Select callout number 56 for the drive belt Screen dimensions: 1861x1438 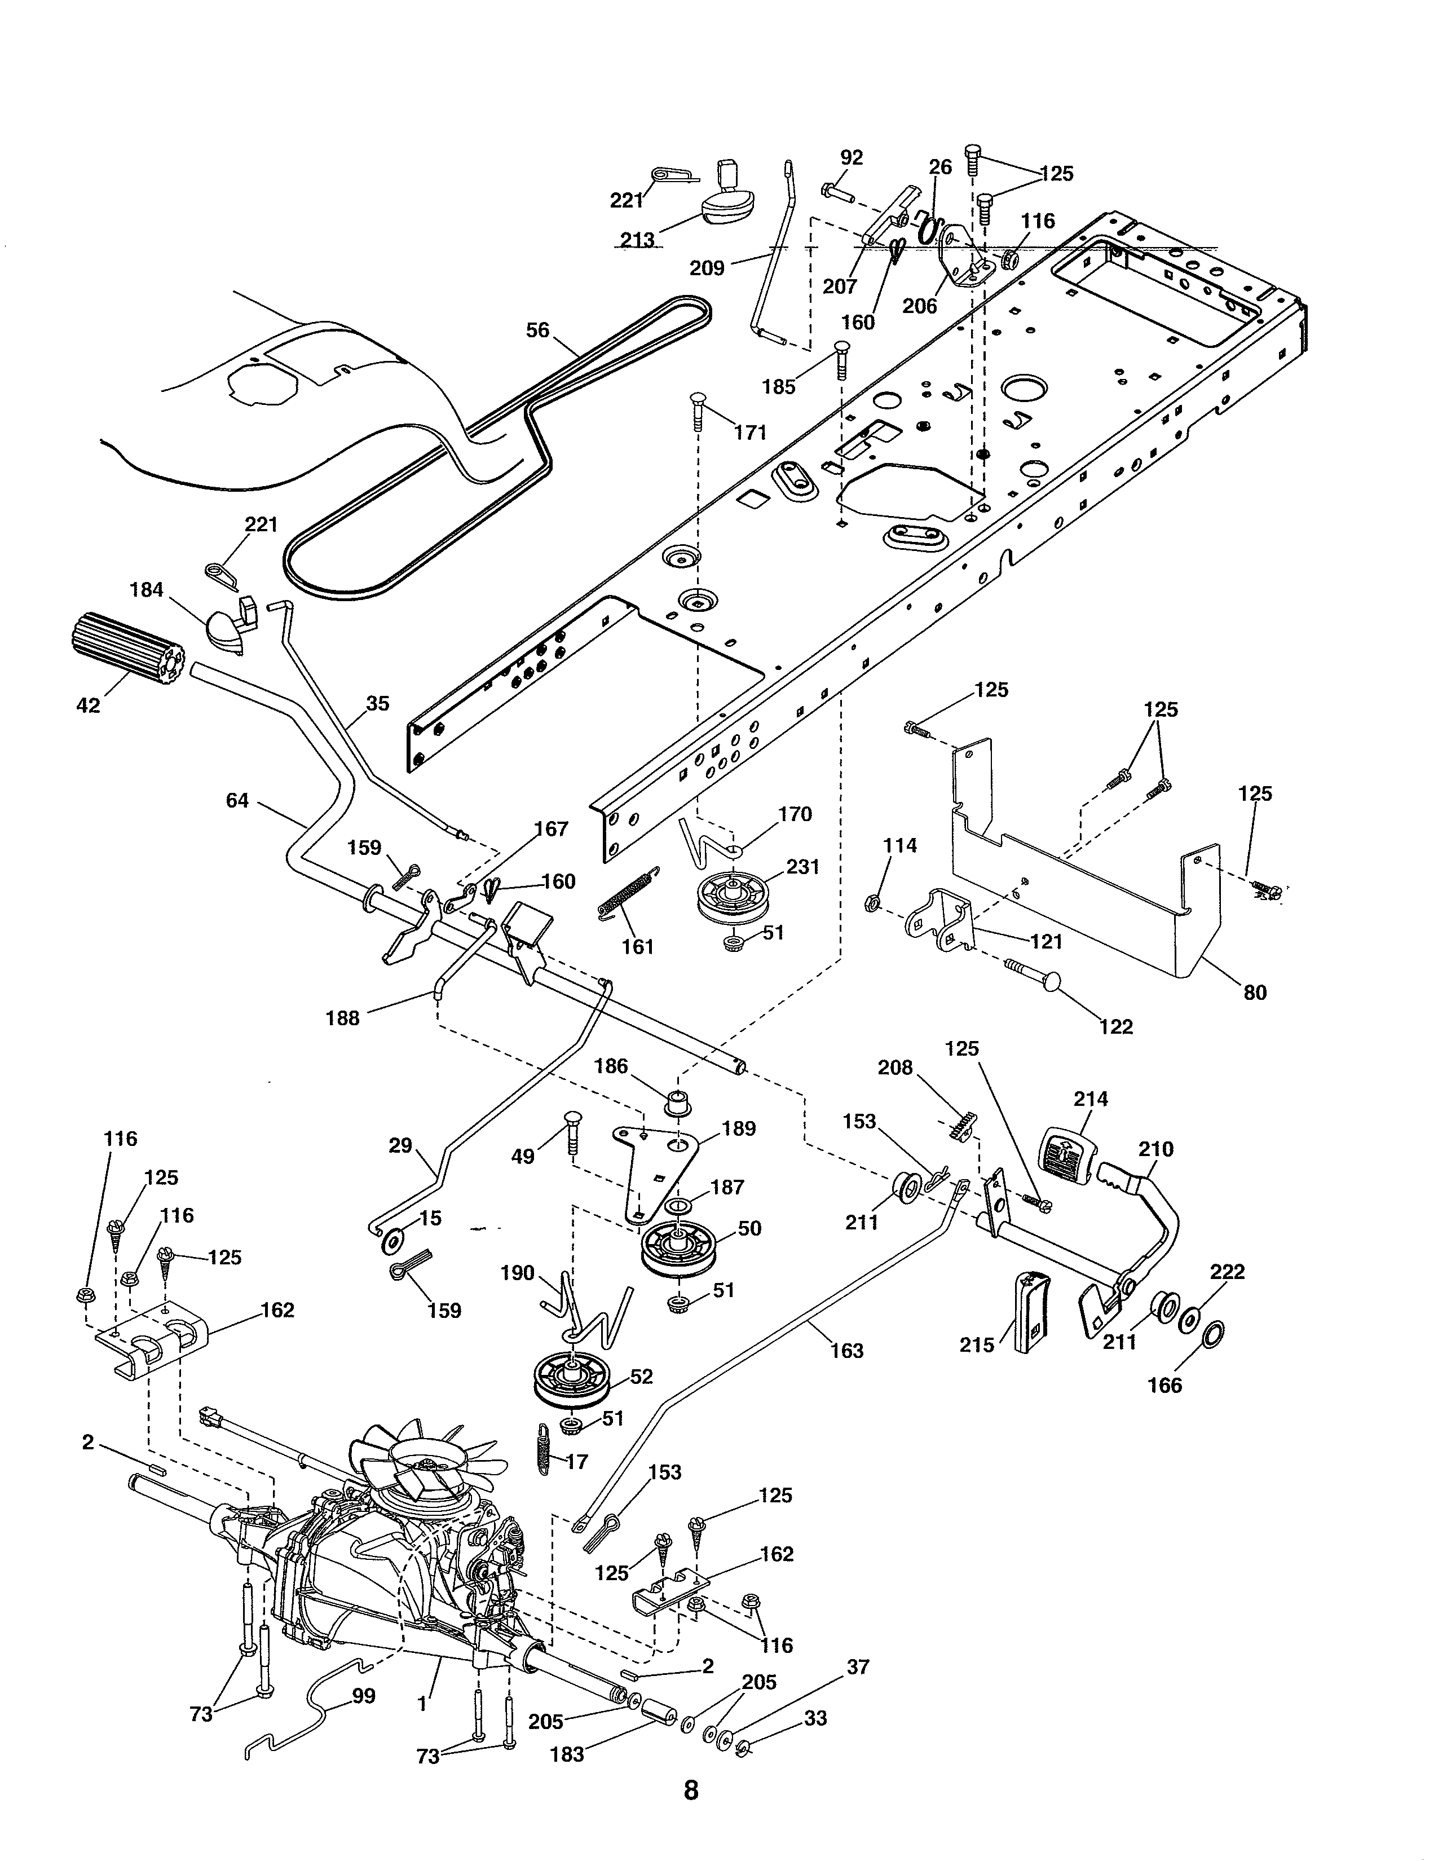pos(537,330)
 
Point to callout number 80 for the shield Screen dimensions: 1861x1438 pos(1255,992)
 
